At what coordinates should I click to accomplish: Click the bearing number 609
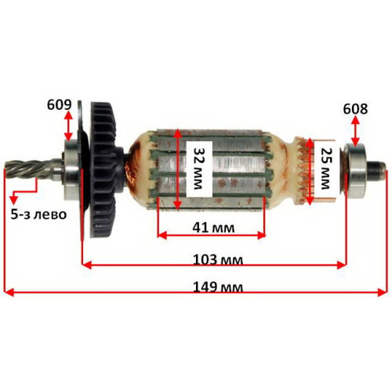point(59,105)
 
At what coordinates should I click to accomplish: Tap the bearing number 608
point(355,109)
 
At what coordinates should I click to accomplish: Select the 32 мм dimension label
point(198,169)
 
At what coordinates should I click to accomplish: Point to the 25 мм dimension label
point(325,169)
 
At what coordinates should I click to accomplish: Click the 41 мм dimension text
point(213,227)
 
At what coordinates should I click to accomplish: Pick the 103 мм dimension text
point(218,260)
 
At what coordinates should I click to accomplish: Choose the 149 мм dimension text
point(218,287)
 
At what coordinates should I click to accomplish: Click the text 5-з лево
point(38,214)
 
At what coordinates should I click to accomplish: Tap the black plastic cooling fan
point(103,169)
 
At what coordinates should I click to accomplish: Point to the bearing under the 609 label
point(71,170)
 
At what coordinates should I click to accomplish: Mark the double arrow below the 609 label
point(68,126)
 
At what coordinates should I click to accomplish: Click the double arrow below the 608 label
point(355,130)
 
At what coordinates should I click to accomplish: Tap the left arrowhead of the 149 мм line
point(9,292)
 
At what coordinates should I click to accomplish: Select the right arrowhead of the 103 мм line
point(342,265)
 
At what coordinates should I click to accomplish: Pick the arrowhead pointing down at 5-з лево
point(14,200)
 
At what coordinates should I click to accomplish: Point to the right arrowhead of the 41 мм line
point(261,235)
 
